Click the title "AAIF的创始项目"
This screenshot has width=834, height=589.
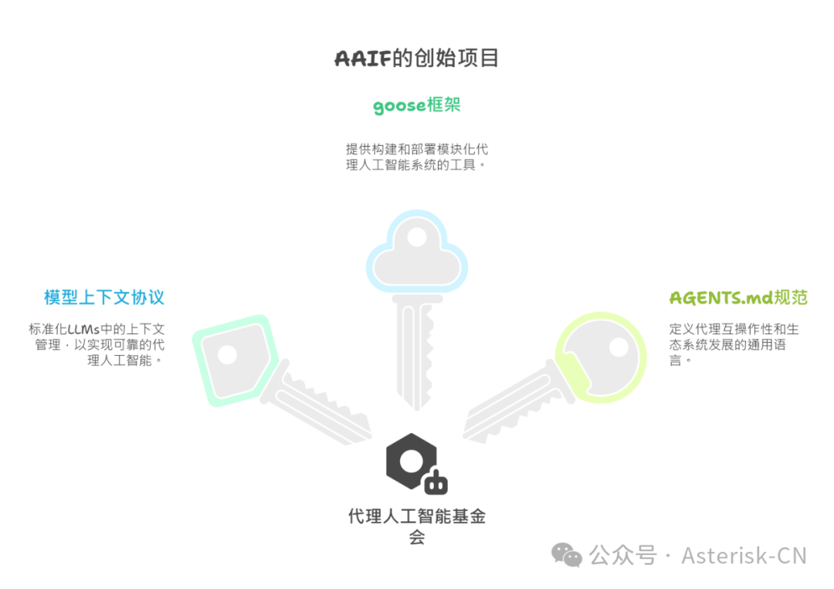[416, 59]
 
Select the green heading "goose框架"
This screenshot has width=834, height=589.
[416, 105]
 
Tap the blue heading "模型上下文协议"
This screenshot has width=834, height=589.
[104, 297]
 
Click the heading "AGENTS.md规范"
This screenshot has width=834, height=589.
[738, 298]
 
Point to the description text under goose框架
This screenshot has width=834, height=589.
[416, 157]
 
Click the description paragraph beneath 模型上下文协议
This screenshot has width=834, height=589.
[97, 344]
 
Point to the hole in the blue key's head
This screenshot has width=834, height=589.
[417, 237]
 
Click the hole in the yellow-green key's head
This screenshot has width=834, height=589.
[619, 347]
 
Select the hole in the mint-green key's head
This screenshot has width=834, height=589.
[226, 355]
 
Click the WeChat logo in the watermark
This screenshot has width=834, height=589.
[567, 555]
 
